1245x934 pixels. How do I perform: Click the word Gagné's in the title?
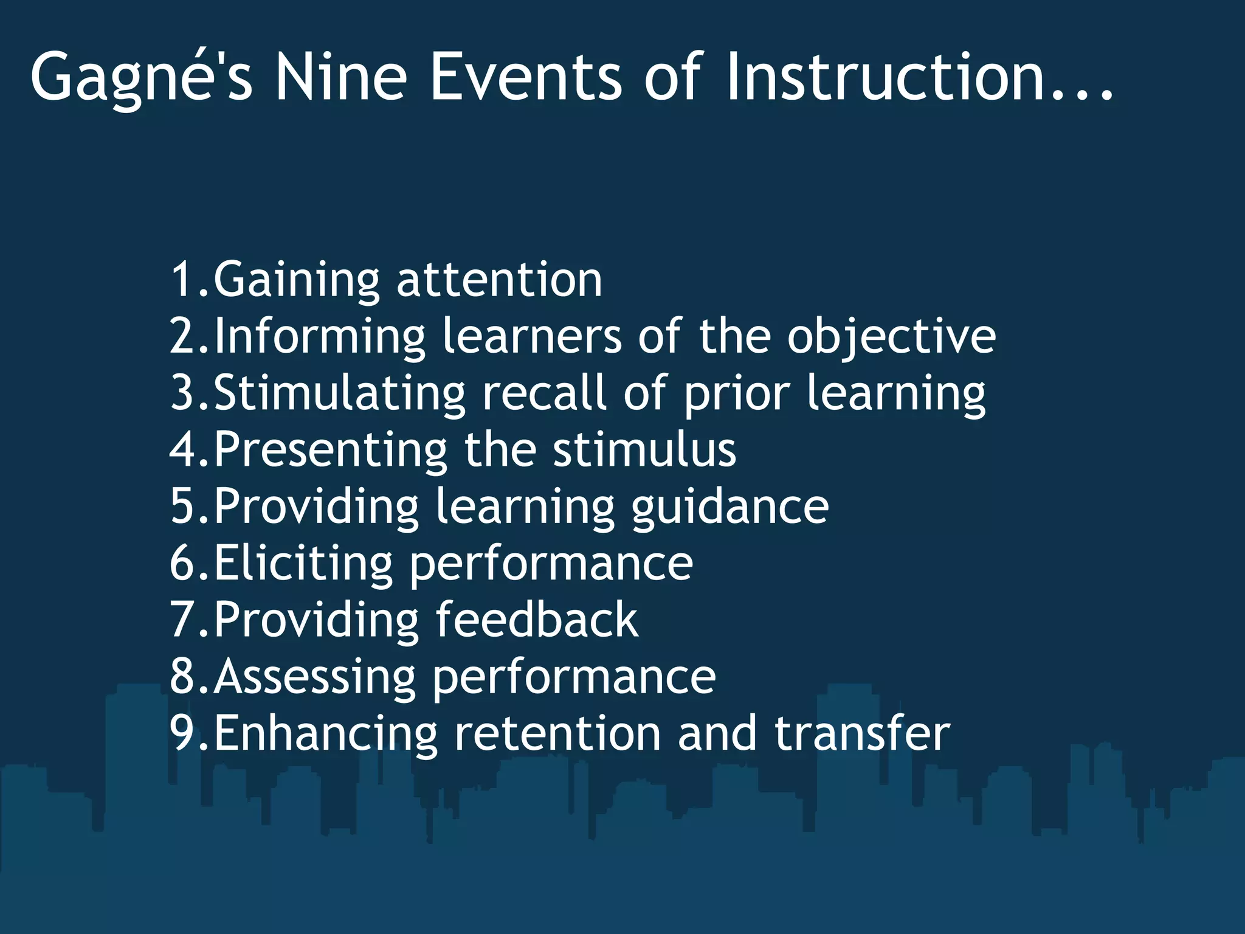[x=141, y=78]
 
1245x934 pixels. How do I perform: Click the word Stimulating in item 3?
[x=339, y=393]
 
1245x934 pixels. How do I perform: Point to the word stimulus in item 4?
[x=644, y=450]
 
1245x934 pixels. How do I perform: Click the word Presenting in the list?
[x=331, y=450]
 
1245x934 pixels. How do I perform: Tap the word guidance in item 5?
[x=729, y=507]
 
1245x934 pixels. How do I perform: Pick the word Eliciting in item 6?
[x=303, y=563]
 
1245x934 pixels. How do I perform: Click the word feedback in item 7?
[x=537, y=620]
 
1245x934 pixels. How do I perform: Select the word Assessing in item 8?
[x=314, y=677]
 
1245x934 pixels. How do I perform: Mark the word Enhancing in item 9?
[x=325, y=733]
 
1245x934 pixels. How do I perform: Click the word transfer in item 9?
[x=862, y=733]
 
